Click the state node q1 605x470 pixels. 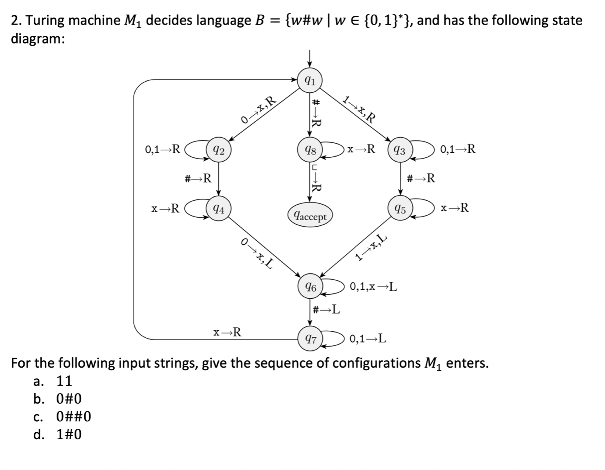pyautogui.click(x=310, y=81)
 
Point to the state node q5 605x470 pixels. pyautogui.click(x=400, y=209)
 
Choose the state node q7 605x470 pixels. pyautogui.click(x=310, y=339)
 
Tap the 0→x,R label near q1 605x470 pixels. pyautogui.click(x=259, y=110)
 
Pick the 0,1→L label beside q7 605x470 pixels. pyautogui.click(x=368, y=339)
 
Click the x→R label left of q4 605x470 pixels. pyautogui.click(x=165, y=208)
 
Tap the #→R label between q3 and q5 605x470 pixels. pyautogui.click(x=421, y=178)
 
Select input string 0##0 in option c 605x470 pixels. pyautogui.click(x=74, y=416)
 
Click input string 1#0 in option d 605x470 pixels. pyautogui.click(x=69, y=434)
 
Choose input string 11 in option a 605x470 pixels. pyautogui.click(x=65, y=380)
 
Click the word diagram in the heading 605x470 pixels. pyautogui.click(x=38, y=39)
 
